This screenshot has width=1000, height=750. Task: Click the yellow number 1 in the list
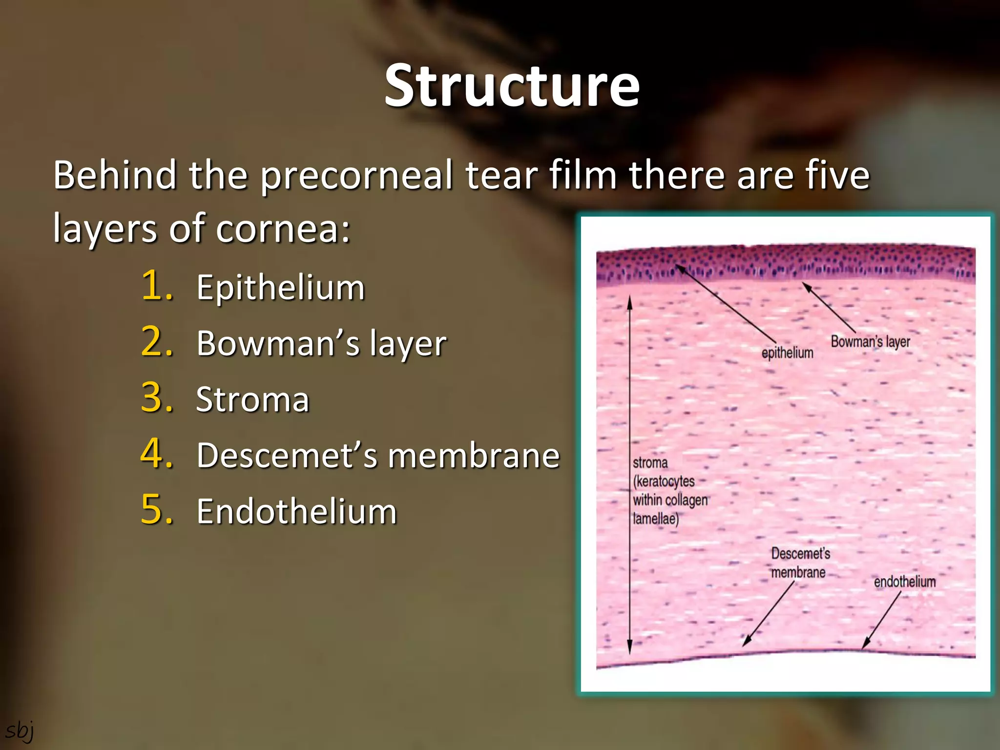pyautogui.click(x=157, y=286)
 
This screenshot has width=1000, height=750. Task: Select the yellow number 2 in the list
pyautogui.click(x=157, y=342)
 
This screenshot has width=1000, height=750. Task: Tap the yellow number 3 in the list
pyautogui.click(x=157, y=398)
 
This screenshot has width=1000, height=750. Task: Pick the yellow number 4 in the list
pyautogui.click(x=157, y=454)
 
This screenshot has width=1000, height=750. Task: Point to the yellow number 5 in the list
pyautogui.click(x=157, y=510)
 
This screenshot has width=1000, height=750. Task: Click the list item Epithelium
pyautogui.click(x=281, y=288)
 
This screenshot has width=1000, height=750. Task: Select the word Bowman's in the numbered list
pyautogui.click(x=278, y=343)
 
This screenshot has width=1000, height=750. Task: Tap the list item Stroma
pyautogui.click(x=252, y=400)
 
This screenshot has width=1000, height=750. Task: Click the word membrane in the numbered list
pyautogui.click(x=474, y=456)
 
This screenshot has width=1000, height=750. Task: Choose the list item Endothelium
pyautogui.click(x=297, y=512)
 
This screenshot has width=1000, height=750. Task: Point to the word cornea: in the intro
pyautogui.click(x=283, y=229)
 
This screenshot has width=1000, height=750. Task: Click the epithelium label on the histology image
pyautogui.click(x=787, y=353)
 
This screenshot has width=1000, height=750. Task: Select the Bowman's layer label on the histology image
pyautogui.click(x=870, y=341)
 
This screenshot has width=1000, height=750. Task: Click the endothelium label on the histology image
pyautogui.click(x=904, y=582)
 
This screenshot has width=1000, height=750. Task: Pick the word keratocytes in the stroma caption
pyautogui.click(x=664, y=481)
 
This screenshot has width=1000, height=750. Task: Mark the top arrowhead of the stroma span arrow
pyautogui.click(x=630, y=298)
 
